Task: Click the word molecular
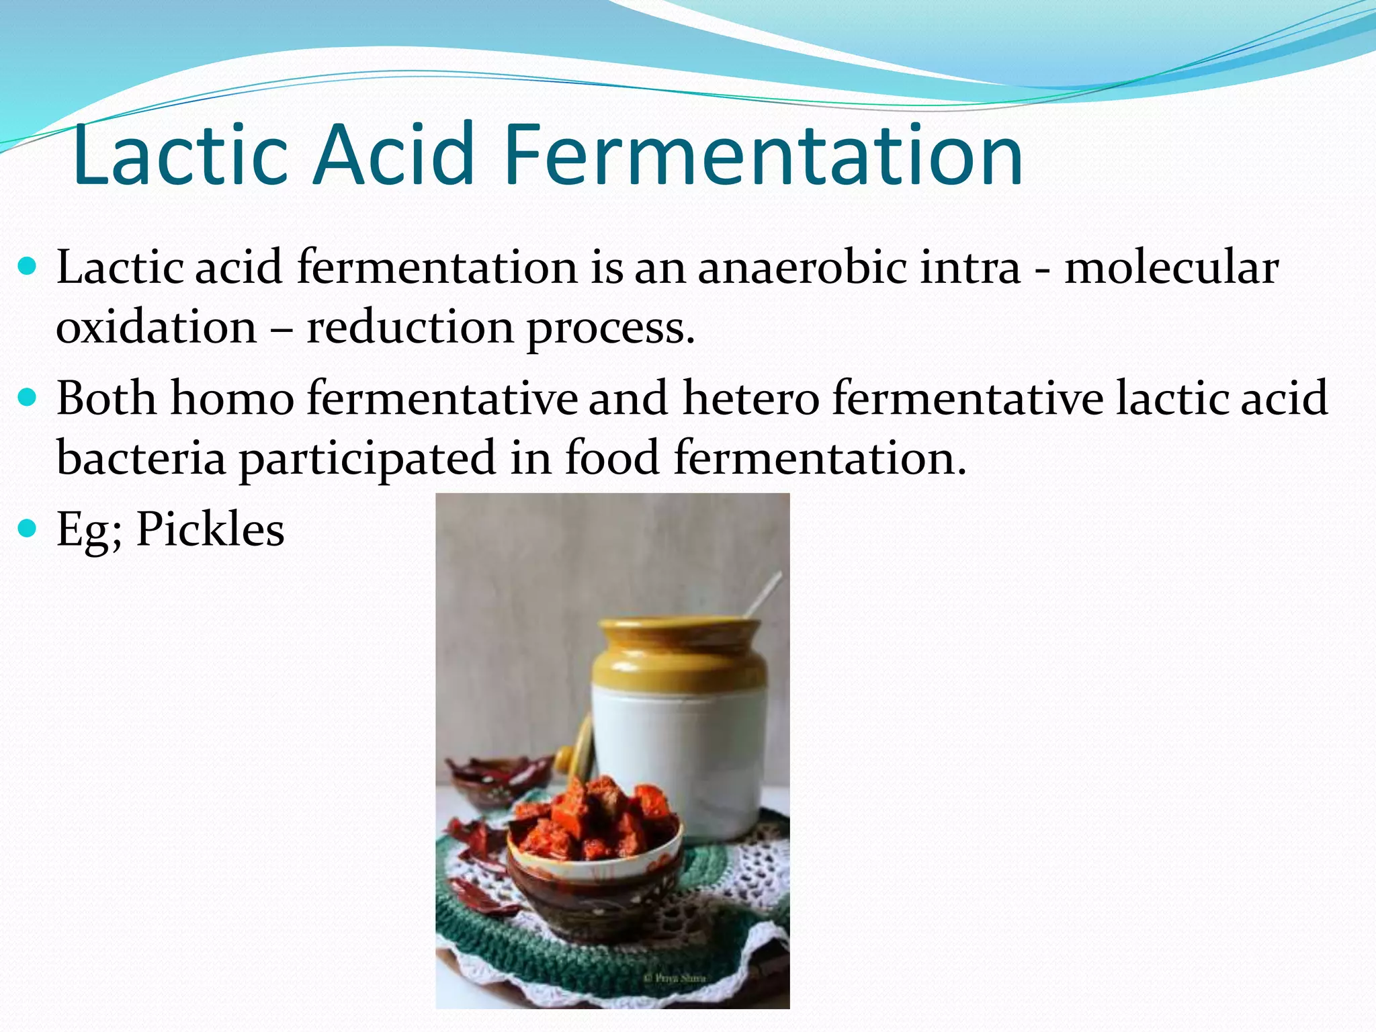[1171, 268]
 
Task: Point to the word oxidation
[157, 327]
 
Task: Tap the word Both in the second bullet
[106, 398]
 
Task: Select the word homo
[232, 398]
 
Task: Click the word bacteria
[141, 458]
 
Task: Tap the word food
[612, 457]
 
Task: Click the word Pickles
[210, 529]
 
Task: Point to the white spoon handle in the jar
[762, 594]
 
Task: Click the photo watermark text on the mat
[674, 978]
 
